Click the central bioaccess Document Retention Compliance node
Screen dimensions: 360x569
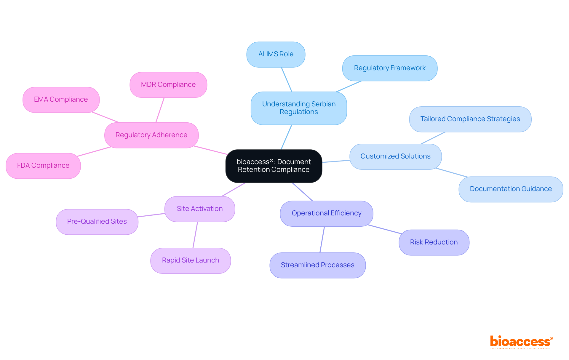click(274, 166)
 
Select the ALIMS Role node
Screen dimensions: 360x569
click(276, 54)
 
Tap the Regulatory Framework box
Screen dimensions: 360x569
click(389, 68)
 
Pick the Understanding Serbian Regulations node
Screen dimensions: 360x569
click(298, 108)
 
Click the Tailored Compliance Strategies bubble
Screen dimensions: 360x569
click(470, 119)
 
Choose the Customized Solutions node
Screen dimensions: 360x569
click(395, 156)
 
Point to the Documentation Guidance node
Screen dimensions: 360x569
click(511, 189)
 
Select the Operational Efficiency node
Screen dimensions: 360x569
click(326, 213)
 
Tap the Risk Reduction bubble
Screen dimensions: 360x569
click(434, 242)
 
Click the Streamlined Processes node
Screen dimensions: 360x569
click(317, 265)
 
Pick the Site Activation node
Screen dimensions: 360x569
click(199, 209)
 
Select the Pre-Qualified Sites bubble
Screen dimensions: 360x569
click(97, 222)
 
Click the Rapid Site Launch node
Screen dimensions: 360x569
click(190, 260)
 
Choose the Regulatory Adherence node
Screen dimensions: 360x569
click(151, 135)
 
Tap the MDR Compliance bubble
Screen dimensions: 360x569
click(168, 85)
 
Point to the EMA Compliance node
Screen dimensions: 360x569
click(61, 100)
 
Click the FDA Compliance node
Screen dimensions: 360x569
click(43, 166)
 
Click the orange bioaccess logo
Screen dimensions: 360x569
click(521, 342)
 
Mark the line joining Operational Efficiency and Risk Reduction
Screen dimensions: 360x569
click(384, 229)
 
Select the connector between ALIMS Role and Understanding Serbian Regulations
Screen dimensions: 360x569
click(287, 79)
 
